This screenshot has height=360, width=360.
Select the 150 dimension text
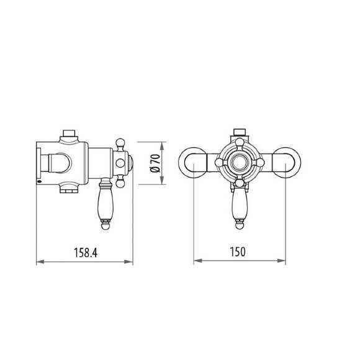point(241,252)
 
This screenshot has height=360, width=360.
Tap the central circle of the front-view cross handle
point(239,163)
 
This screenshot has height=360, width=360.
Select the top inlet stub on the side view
point(69,133)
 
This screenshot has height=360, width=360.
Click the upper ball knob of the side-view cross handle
point(122,143)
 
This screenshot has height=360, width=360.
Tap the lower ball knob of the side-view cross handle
point(122,182)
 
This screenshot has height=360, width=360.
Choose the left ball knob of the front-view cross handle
point(219,163)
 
